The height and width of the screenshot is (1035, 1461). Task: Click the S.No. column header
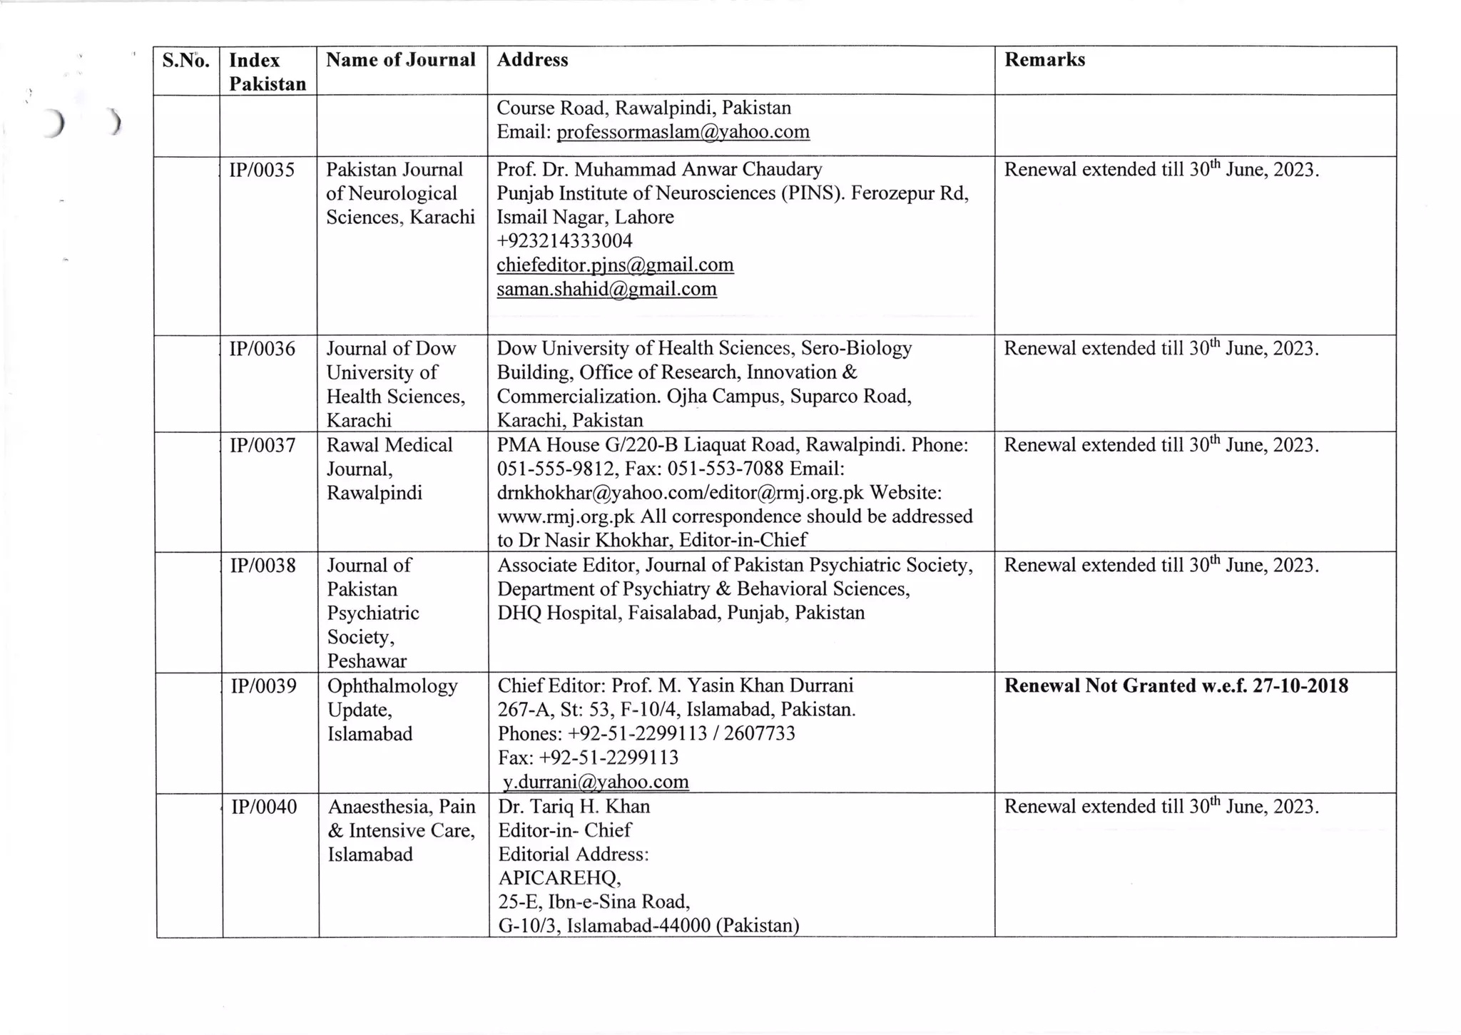click(185, 61)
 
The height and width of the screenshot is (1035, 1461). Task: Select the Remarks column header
click(1044, 60)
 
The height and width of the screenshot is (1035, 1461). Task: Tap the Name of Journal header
click(400, 60)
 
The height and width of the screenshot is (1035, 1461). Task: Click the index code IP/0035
click(262, 170)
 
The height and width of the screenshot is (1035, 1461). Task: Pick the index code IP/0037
click(262, 445)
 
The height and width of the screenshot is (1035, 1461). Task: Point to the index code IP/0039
click(263, 686)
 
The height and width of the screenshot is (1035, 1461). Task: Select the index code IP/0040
click(264, 807)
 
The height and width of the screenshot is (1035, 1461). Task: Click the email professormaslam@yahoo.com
click(683, 132)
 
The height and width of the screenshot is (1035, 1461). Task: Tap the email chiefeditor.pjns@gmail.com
click(615, 265)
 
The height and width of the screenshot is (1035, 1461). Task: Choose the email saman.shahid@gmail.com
click(606, 289)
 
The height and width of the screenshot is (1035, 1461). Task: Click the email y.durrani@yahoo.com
click(596, 782)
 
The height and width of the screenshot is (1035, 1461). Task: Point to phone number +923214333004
click(564, 241)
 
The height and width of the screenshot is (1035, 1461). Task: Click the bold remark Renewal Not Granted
click(1176, 686)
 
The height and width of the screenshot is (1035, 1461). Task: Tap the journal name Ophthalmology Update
click(392, 698)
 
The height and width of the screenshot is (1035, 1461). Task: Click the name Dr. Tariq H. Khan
click(574, 807)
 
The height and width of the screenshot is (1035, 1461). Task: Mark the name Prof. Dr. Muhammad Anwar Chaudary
click(659, 170)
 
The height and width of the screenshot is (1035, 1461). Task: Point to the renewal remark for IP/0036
click(1161, 349)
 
